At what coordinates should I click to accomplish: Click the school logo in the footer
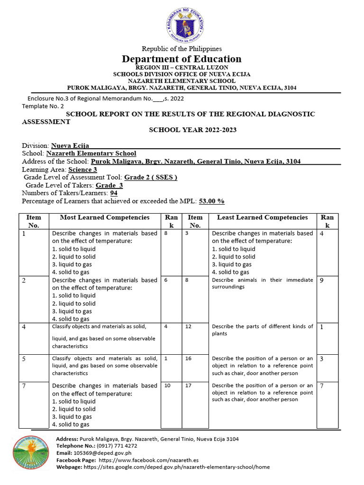pyautogui.click(x=31, y=453)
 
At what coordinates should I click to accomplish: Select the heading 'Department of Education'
pyautogui.click(x=182, y=59)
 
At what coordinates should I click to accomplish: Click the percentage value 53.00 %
pyautogui.click(x=211, y=201)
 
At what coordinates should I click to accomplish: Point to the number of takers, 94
pyautogui.click(x=114, y=193)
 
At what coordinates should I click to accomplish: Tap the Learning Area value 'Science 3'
pyautogui.click(x=82, y=169)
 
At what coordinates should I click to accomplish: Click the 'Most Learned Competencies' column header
pyautogui.click(x=105, y=217)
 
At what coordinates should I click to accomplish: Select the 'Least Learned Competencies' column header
pyautogui.click(x=262, y=217)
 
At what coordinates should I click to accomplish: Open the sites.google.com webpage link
pyautogui.click(x=176, y=467)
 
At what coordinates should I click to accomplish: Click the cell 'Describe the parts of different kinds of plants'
pyautogui.click(x=262, y=330)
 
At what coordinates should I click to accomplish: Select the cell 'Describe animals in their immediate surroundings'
pyautogui.click(x=262, y=283)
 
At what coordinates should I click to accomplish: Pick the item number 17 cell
pyautogui.click(x=189, y=386)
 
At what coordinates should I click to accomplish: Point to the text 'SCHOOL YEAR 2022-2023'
pyautogui.click(x=193, y=130)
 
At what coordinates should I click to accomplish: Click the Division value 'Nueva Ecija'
pyautogui.click(x=70, y=146)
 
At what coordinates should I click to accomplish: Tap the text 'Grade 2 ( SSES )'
pyautogui.click(x=151, y=177)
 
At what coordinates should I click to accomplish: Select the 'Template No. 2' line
pyautogui.click(x=43, y=107)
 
